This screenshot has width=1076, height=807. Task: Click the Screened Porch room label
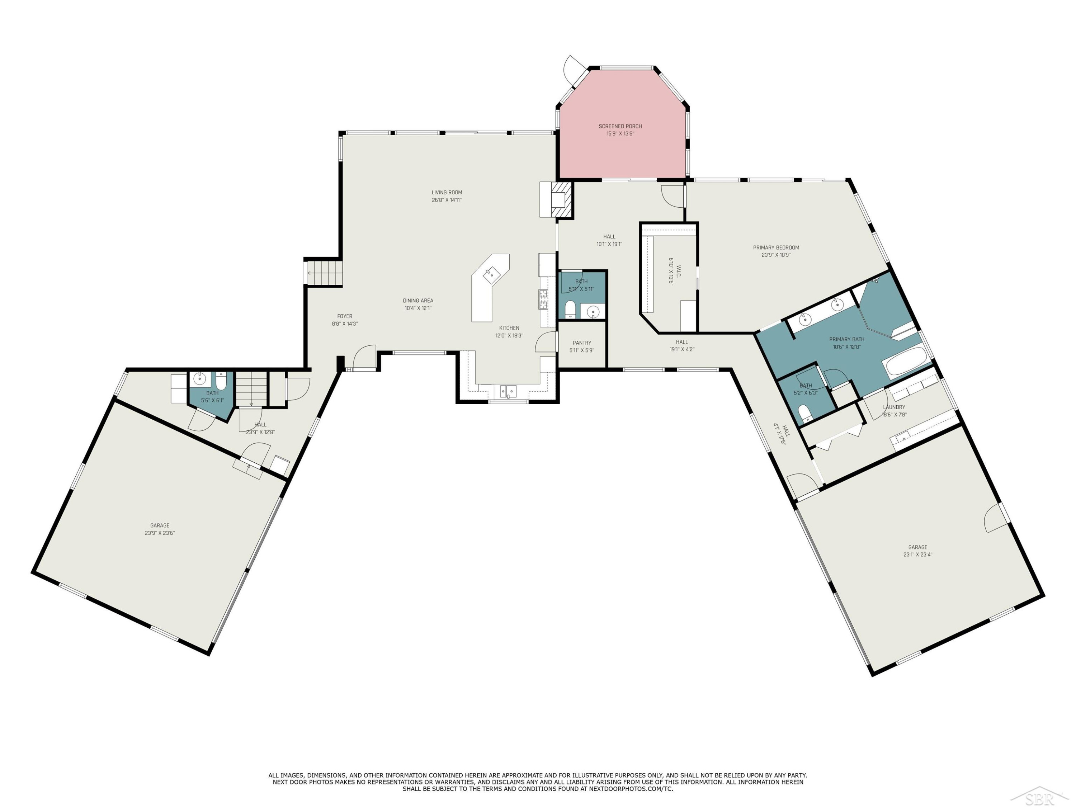coord(620,127)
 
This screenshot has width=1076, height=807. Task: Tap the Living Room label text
coord(447,193)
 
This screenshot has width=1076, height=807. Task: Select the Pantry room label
coord(582,343)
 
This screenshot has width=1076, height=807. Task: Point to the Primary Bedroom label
coord(776,247)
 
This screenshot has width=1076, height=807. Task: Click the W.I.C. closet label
coord(679,272)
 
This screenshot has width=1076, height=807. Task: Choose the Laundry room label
coord(894,407)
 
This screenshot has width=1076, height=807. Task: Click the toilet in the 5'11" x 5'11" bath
coord(570,310)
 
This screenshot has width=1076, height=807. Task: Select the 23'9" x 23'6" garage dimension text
coord(160,533)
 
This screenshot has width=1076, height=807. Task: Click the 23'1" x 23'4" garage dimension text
coord(917,554)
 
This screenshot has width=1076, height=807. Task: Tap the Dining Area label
coord(418,301)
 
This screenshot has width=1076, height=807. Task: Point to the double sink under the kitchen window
coord(508,391)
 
